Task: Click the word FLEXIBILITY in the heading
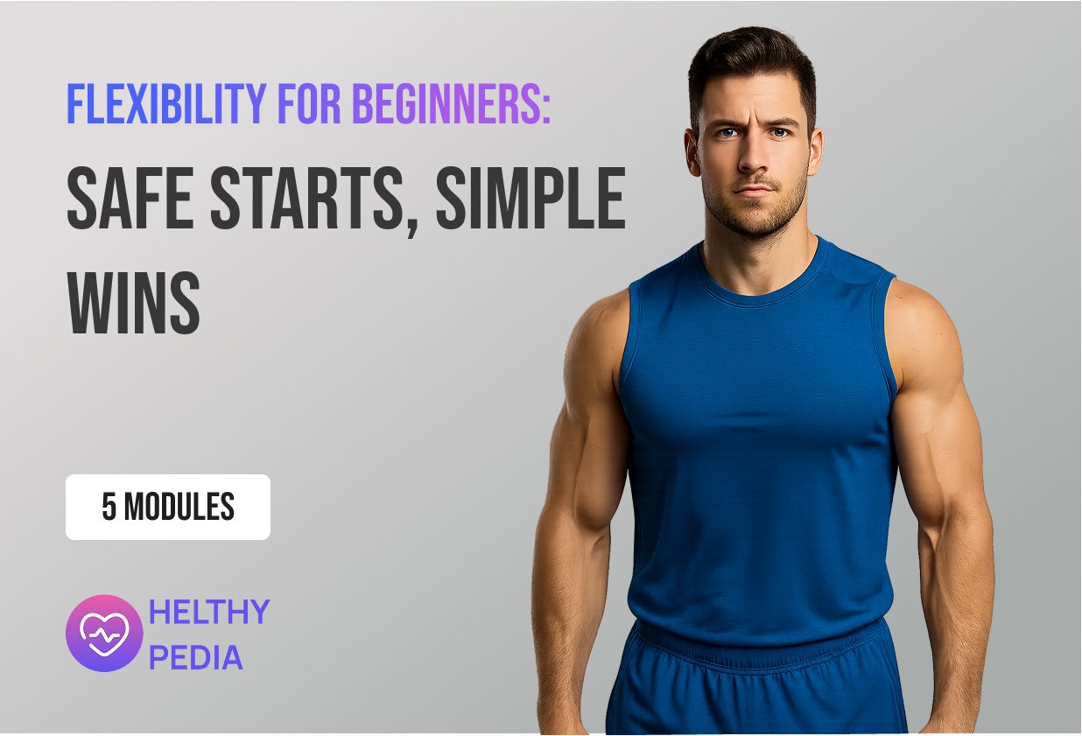click(x=166, y=103)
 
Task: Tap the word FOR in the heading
click(x=310, y=103)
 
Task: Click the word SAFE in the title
click(x=130, y=198)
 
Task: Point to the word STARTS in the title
click(x=306, y=198)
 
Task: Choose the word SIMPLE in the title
click(x=530, y=198)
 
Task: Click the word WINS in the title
click(x=133, y=302)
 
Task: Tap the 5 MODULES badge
click(x=168, y=507)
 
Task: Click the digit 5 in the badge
click(x=109, y=507)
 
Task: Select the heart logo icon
click(x=104, y=633)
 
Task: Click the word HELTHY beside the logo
click(x=208, y=612)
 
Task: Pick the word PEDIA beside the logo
click(x=195, y=656)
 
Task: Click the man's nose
click(x=754, y=156)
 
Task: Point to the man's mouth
click(x=754, y=190)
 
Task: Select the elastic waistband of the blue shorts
click(x=767, y=645)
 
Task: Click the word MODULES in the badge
click(x=179, y=507)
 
